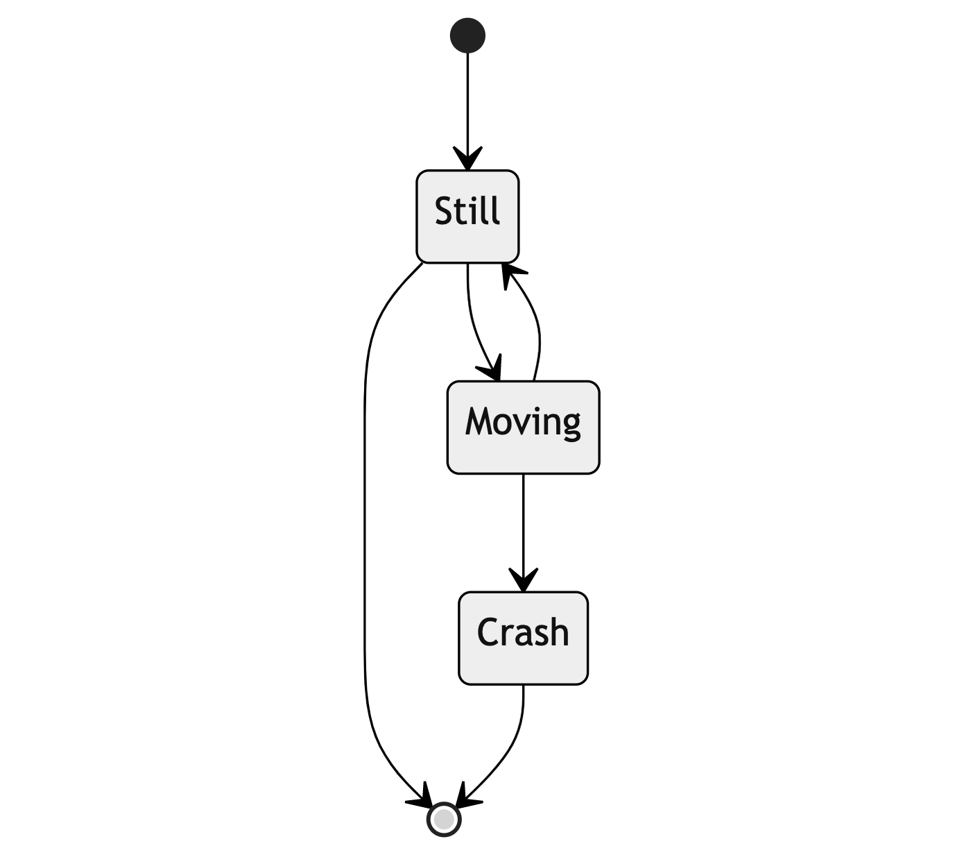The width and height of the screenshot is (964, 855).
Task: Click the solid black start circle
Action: pyautogui.click(x=467, y=35)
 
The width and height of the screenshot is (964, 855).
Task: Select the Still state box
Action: pyautogui.click(x=467, y=216)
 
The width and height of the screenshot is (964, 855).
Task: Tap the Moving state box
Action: pyautogui.click(x=523, y=427)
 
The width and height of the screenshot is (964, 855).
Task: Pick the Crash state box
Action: pyautogui.click(x=523, y=638)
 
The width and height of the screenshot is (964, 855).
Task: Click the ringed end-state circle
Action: pyautogui.click(x=444, y=820)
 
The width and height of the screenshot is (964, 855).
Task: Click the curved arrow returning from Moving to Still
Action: pyautogui.click(x=537, y=326)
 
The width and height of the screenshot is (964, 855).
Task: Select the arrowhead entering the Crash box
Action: pyautogui.click(x=523, y=580)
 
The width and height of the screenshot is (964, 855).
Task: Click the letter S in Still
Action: pyautogui.click(x=444, y=211)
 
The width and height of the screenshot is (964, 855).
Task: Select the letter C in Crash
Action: pyautogui.click(x=489, y=633)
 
